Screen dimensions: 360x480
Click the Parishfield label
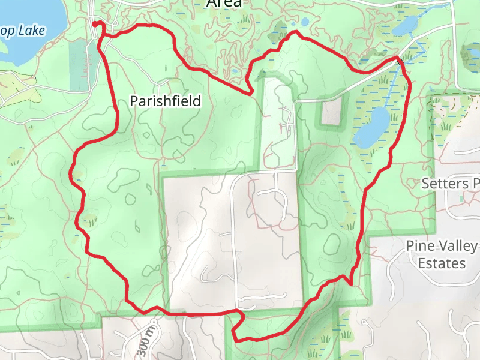point(165,101)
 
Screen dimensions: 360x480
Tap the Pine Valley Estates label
point(442,254)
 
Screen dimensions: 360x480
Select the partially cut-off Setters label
point(450,183)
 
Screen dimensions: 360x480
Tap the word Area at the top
point(224,4)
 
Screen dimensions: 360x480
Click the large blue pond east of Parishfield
point(373,127)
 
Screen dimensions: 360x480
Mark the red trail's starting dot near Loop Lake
point(95,23)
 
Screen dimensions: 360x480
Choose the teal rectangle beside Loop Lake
point(79,65)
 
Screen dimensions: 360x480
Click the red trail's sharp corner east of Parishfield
point(250,93)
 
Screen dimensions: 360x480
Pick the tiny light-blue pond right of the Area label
point(305,22)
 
